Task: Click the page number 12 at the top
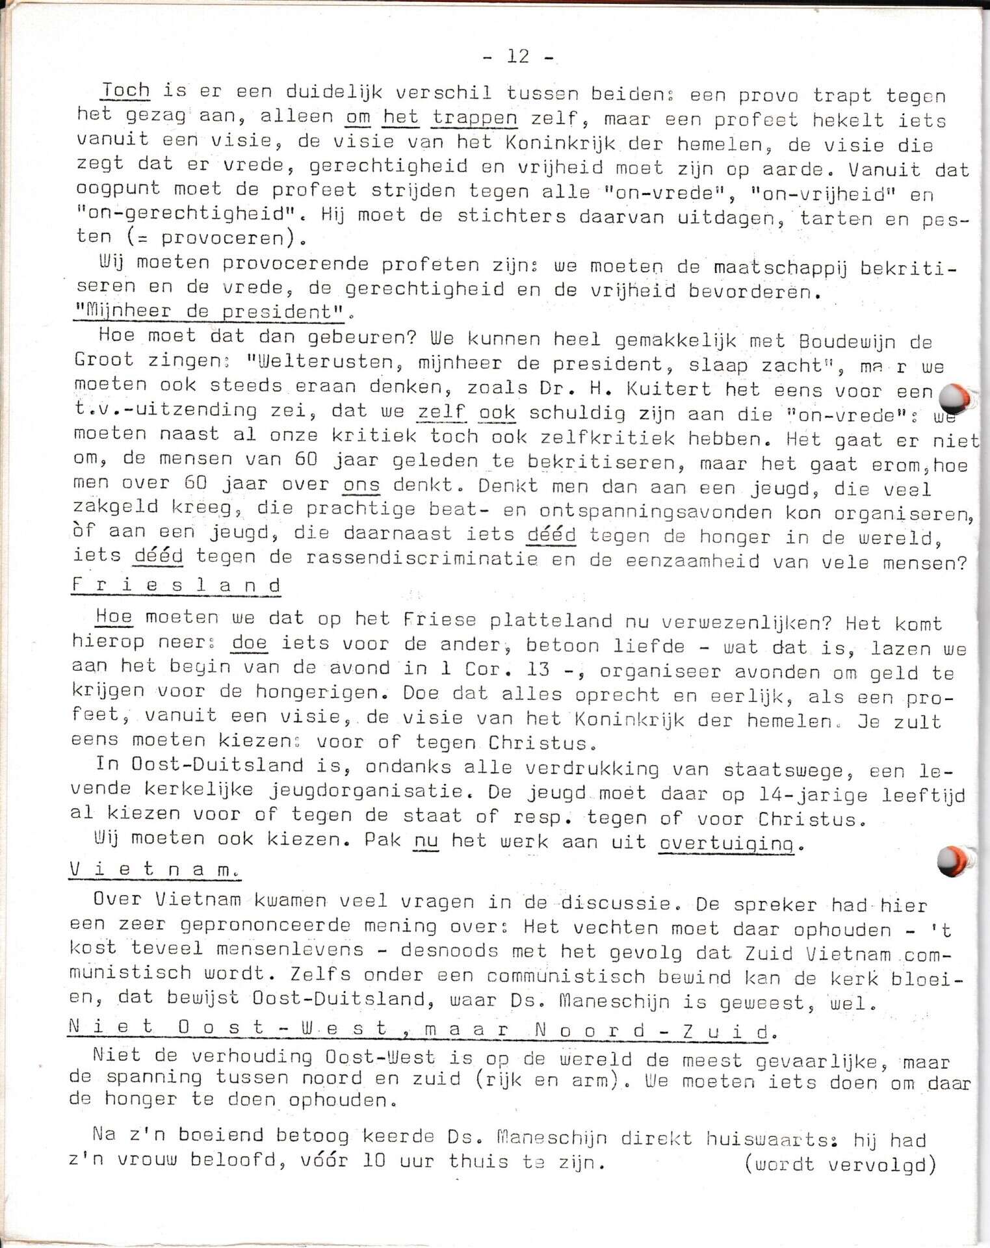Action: point(518,57)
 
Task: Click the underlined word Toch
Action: point(125,91)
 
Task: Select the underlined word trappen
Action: point(475,118)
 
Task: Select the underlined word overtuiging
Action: point(727,843)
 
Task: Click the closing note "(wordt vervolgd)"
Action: point(840,1164)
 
